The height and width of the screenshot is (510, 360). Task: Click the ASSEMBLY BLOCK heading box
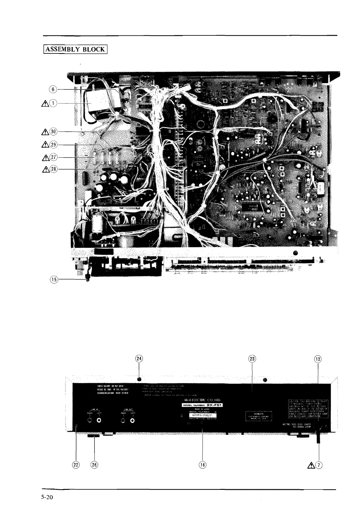75,49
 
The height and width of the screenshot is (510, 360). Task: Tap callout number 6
53,89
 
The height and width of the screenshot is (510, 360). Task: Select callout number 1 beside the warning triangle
53,104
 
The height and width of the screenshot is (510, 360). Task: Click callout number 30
53,132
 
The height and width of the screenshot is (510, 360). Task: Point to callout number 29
53,144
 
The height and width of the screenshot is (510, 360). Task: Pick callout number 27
53,157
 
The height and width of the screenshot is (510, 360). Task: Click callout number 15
53,279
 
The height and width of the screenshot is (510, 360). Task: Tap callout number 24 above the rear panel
139,359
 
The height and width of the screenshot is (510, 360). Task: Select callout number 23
252,359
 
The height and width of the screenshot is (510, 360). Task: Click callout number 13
318,359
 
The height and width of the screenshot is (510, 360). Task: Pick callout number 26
94,465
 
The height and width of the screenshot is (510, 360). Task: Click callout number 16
203,465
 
